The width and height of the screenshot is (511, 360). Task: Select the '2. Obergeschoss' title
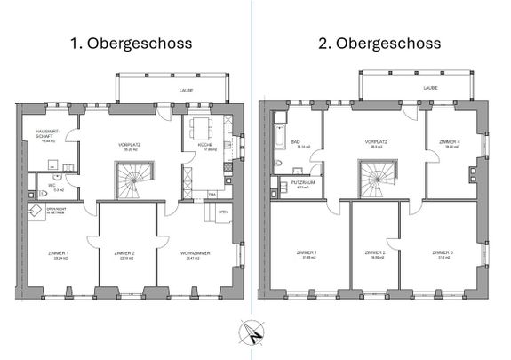(381, 44)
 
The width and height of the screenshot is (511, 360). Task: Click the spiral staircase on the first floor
(136, 181)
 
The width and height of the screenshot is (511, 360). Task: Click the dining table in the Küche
(201, 125)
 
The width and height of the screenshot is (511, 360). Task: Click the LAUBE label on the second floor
(430, 89)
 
